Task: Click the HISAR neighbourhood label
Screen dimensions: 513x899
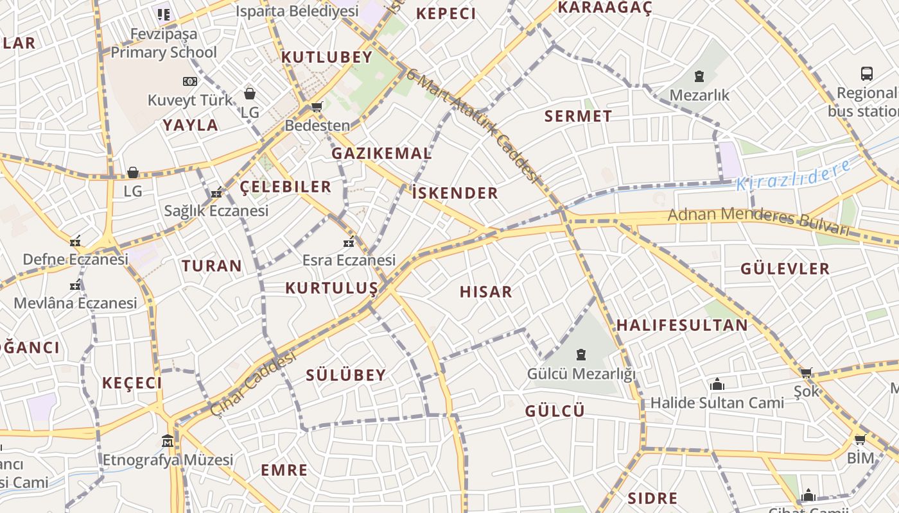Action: click(486, 292)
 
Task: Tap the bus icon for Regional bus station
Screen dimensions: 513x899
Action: click(867, 73)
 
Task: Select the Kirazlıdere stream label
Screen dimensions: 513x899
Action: click(794, 174)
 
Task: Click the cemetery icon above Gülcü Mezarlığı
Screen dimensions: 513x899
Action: click(581, 354)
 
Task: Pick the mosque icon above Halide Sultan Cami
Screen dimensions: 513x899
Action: click(717, 384)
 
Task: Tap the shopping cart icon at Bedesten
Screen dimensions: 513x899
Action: click(316, 106)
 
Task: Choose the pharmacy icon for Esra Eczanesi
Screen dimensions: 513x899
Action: click(349, 242)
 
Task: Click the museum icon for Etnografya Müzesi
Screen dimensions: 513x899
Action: click(168, 441)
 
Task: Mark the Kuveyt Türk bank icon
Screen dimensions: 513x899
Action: click(189, 81)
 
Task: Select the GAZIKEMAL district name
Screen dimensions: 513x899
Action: click(381, 154)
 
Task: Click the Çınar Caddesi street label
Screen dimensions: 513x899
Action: click(253, 382)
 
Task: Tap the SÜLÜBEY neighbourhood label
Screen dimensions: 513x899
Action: click(345, 376)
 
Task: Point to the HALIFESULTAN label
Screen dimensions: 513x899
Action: click(682, 325)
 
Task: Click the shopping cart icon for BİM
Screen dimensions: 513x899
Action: click(860, 439)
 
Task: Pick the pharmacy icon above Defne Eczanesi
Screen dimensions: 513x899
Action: click(76, 242)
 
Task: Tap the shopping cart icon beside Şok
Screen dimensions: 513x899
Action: click(806, 373)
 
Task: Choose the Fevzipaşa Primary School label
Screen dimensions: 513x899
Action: click(164, 43)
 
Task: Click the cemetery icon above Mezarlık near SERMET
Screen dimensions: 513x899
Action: click(699, 77)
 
